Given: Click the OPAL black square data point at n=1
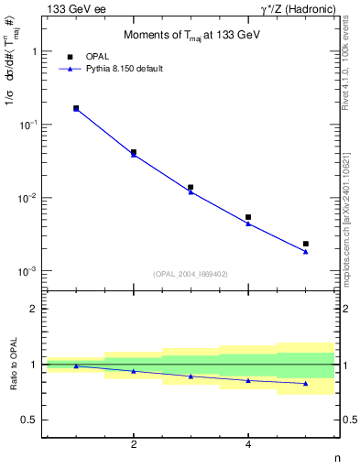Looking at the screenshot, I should (76, 108).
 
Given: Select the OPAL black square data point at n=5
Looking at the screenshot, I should (306, 244).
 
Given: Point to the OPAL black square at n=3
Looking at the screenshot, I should (191, 187).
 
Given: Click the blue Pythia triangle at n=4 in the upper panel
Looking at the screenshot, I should (248, 224).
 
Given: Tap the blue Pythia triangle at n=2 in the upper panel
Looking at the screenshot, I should (134, 155).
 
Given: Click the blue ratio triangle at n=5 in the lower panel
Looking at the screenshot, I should (306, 383).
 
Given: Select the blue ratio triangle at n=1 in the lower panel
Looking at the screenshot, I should (76, 366).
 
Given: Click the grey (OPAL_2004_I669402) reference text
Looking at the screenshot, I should (191, 273).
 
